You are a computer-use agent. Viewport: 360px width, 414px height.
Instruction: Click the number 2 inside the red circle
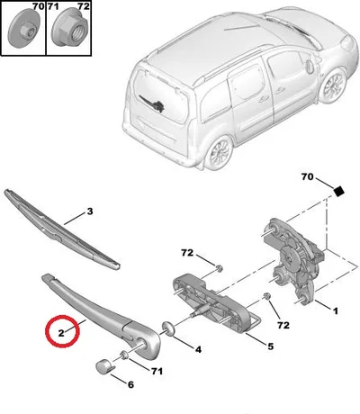point(61,333)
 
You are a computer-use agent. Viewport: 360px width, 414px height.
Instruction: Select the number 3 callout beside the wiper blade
point(90,211)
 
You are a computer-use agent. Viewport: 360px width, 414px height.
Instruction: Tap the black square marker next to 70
point(338,191)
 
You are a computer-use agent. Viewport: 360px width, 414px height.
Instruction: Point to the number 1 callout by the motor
point(336,311)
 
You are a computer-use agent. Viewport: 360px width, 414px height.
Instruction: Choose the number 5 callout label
point(271,346)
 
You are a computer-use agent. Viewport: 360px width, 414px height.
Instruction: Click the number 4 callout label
point(198,349)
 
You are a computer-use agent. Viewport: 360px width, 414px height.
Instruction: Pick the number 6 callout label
point(130,384)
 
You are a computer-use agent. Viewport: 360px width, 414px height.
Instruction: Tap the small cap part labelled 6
point(103,366)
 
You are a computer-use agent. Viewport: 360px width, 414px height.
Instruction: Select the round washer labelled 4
point(168,328)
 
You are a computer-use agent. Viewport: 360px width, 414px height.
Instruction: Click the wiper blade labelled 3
point(60,229)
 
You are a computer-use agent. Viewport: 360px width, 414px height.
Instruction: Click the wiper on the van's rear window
point(152,103)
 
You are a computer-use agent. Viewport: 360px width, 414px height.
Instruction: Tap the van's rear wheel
point(218,153)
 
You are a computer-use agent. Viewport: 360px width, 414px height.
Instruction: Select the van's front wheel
point(332,85)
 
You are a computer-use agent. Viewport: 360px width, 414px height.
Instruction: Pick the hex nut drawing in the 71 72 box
point(69,29)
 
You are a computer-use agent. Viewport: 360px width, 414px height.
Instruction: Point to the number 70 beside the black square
point(307,177)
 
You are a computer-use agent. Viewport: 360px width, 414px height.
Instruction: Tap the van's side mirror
point(310,67)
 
